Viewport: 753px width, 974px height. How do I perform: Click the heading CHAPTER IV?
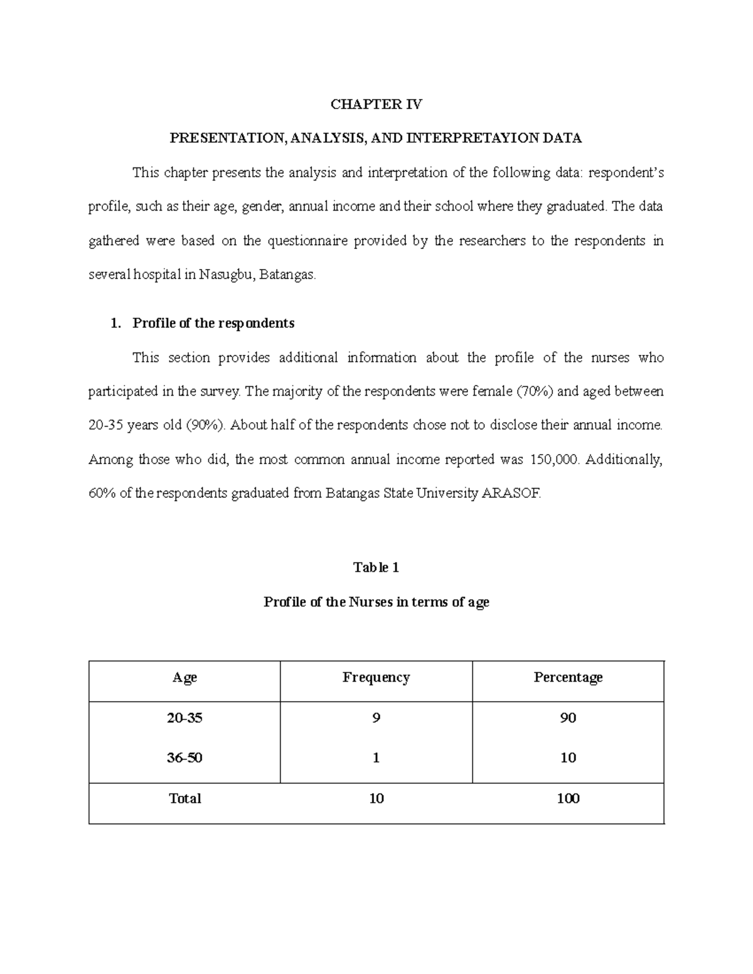[376, 105]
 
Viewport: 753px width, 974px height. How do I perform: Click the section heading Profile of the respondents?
[213, 324]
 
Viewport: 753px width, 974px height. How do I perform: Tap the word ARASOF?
[510, 494]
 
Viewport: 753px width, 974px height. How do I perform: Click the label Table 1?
[376, 568]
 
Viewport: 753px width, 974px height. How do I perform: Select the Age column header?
[184, 677]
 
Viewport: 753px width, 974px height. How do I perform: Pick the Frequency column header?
[376, 677]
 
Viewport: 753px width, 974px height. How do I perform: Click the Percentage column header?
[568, 677]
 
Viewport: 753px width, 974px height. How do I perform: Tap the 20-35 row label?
[184, 718]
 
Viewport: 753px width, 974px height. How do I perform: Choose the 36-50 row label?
[184, 758]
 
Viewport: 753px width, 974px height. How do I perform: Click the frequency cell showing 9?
[376, 718]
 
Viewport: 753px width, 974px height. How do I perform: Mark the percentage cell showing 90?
[568, 718]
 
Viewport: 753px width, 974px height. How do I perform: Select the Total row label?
[184, 799]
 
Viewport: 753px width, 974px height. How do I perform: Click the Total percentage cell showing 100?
[568, 799]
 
